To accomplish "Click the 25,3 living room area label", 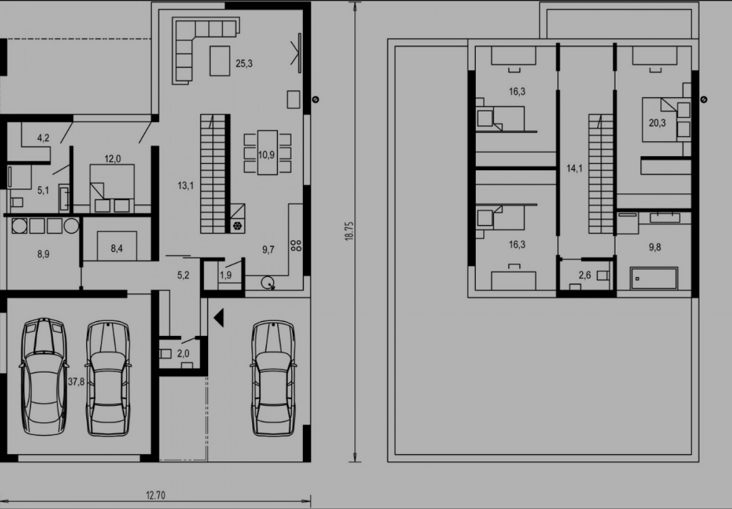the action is pos(244,63).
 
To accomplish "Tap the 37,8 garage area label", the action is pos(76,382).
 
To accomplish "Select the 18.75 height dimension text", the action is pos(349,231).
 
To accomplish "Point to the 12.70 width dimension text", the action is pos(155,495).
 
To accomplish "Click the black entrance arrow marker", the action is pos(219,318).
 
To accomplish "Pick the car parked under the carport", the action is pos(273,377).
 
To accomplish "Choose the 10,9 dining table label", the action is pos(266,155).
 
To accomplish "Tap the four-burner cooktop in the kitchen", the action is pos(296,246).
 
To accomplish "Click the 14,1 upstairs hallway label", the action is pos(574,168).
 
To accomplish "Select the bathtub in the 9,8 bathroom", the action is pos(653,278).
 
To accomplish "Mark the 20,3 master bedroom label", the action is pos(657,123).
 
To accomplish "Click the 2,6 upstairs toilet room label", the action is pos(584,276).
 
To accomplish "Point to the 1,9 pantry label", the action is pos(226,276).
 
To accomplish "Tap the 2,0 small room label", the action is pos(183,354).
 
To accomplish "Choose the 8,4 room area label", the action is pos(117,248).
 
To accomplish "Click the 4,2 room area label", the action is pos(43,138).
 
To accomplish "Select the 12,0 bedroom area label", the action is pos(112,159).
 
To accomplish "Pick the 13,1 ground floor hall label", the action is pos(185,185).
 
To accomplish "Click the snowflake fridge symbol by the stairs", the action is pos(237,226).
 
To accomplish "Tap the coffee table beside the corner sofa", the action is pos(220,61).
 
